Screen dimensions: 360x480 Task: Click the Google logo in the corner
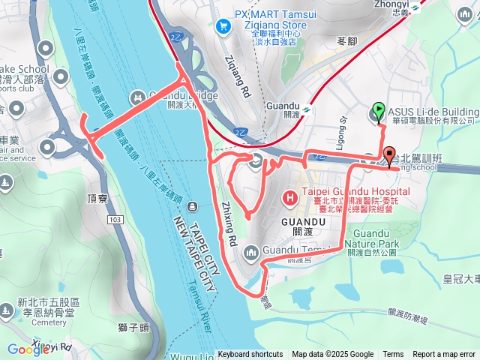coord(28,349)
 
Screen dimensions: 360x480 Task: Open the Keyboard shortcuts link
coord(250,355)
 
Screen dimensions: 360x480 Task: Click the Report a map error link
coord(444,355)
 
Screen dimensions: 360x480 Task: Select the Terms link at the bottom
coord(393,355)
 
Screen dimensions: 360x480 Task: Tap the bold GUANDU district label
coord(301,222)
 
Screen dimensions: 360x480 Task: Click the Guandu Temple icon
coord(250,251)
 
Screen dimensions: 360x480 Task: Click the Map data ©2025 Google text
coord(332,355)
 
